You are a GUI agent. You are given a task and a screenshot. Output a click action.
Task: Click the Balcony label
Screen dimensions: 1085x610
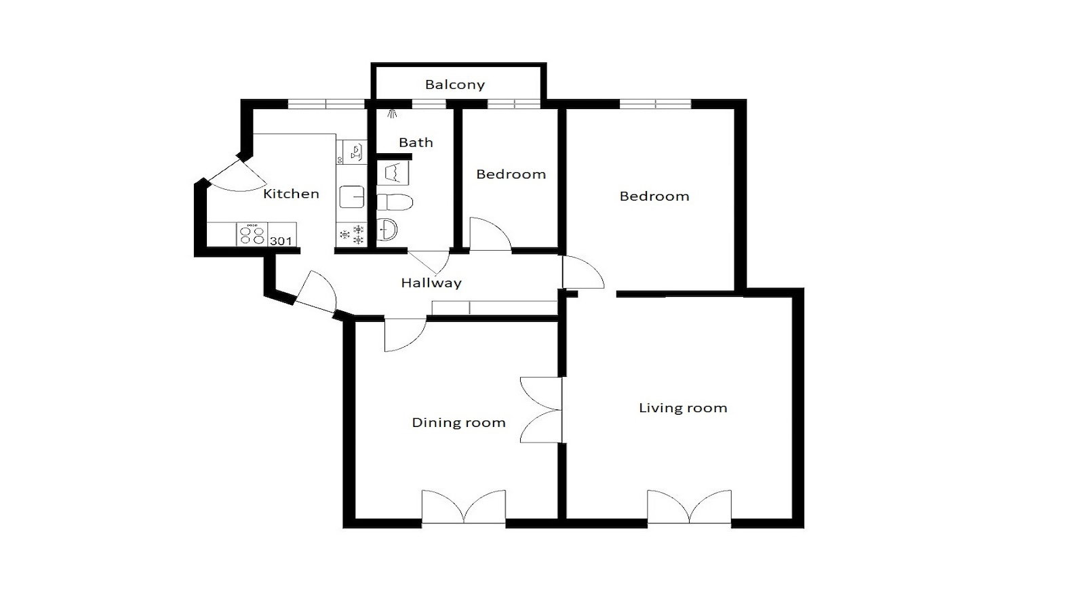[455, 85]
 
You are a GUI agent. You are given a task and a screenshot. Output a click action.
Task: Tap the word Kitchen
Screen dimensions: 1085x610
[291, 194]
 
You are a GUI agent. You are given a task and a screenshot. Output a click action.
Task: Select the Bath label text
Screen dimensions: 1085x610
[416, 142]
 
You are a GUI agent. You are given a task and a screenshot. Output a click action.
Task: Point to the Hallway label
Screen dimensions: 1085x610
[431, 283]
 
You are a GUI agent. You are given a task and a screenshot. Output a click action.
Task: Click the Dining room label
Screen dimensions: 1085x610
[458, 423]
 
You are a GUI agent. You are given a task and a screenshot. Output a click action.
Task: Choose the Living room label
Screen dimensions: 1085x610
[683, 407]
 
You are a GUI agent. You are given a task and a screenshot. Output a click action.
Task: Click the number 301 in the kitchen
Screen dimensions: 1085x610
[281, 241]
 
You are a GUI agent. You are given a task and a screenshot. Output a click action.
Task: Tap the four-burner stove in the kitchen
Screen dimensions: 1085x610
[252, 235]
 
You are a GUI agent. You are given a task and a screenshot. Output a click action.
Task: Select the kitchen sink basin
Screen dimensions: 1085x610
[352, 197]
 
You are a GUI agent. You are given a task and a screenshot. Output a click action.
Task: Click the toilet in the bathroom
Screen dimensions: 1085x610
[394, 202]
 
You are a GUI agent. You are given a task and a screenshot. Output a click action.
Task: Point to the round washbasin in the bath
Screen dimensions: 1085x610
[387, 230]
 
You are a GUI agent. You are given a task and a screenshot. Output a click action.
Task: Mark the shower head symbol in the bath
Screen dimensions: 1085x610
[392, 114]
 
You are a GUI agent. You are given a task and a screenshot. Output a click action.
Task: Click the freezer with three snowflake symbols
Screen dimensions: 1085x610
[352, 235]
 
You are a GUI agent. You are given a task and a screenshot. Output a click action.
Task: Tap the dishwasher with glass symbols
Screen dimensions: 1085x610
[352, 152]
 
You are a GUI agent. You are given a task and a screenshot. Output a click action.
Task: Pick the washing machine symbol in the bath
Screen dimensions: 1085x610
[393, 174]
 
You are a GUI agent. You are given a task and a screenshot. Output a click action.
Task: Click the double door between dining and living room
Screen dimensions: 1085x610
[541, 409]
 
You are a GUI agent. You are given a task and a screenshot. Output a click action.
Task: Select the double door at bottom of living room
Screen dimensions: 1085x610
[689, 507]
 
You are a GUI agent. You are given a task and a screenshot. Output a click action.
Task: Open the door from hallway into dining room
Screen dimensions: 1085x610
[406, 335]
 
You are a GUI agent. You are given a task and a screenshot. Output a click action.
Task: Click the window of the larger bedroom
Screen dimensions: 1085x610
[655, 104]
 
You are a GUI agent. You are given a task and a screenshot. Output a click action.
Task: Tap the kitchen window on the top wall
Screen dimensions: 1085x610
[326, 104]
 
